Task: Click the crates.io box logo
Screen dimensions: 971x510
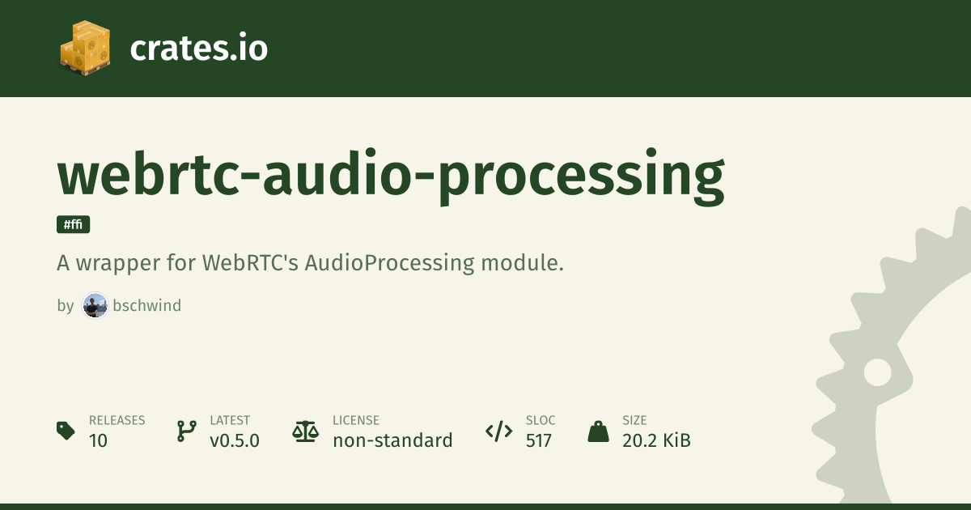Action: pyautogui.click(x=85, y=48)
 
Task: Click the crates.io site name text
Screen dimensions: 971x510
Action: pyautogui.click(x=199, y=48)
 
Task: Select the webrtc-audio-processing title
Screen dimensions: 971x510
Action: pyautogui.click(x=391, y=176)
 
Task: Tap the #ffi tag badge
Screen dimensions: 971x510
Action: pyautogui.click(x=74, y=224)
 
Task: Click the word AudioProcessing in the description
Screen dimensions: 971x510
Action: pyautogui.click(x=390, y=263)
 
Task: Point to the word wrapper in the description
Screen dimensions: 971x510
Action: pyautogui.click(x=118, y=264)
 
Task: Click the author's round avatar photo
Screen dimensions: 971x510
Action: pyautogui.click(x=95, y=305)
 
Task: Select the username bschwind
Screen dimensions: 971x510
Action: pyautogui.click(x=147, y=305)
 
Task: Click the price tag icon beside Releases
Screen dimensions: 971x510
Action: pyautogui.click(x=66, y=431)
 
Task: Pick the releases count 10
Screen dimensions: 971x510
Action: pyautogui.click(x=98, y=440)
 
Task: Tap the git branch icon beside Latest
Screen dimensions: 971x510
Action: pyautogui.click(x=187, y=431)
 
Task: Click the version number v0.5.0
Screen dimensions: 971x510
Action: pyautogui.click(x=235, y=440)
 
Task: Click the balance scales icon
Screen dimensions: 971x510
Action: pyautogui.click(x=306, y=431)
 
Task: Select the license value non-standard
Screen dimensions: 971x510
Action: pyautogui.click(x=392, y=440)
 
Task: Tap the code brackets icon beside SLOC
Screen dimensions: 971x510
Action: pyautogui.click(x=499, y=431)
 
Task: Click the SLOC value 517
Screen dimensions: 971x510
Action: pyautogui.click(x=538, y=440)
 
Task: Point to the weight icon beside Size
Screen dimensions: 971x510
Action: pyautogui.click(x=598, y=431)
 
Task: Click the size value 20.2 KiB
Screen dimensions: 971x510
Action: pyautogui.click(x=656, y=440)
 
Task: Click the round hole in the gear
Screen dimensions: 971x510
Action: pyautogui.click(x=878, y=372)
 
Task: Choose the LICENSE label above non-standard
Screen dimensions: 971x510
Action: pyautogui.click(x=356, y=420)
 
